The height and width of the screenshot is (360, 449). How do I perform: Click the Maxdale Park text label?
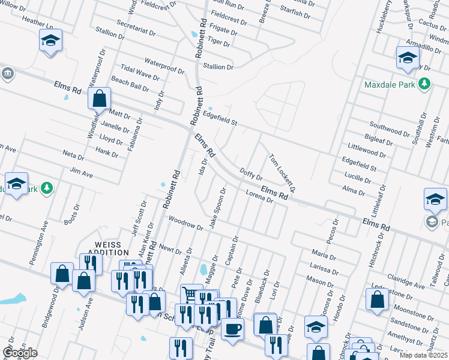click(390, 85)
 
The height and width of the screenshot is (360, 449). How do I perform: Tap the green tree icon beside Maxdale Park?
click(425, 83)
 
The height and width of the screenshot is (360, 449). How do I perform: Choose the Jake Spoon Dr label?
click(216, 208)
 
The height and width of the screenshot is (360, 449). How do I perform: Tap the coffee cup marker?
click(232, 328)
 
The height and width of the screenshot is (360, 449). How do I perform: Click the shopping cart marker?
click(191, 294)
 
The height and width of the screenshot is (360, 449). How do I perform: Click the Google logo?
click(20, 353)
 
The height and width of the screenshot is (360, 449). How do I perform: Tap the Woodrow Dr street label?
click(186, 222)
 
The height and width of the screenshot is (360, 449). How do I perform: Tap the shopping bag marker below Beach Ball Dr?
click(99, 97)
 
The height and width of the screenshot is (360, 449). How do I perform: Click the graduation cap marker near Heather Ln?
click(50, 41)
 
